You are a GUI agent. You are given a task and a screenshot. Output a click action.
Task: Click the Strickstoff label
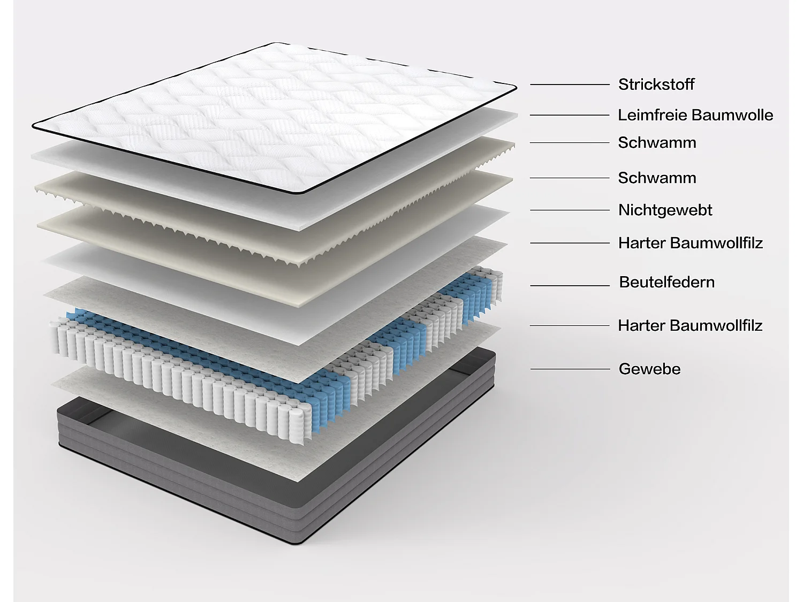tap(656, 85)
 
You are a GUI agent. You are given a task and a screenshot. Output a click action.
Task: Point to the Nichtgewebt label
tap(665, 210)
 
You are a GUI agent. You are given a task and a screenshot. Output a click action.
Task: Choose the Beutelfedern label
tap(666, 283)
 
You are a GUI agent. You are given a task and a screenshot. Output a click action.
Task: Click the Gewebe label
tap(649, 369)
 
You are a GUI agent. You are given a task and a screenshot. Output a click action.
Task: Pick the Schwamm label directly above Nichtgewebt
tap(657, 178)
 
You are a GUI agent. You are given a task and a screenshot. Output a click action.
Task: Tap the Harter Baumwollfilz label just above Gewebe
tap(690, 325)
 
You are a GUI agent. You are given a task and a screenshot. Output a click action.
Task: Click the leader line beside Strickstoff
tap(570, 85)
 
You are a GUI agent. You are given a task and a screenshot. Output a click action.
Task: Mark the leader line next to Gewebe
tap(570, 369)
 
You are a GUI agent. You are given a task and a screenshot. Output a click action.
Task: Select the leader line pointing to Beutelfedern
tap(570, 286)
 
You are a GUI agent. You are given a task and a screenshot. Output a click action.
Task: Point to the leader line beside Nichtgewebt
tap(570, 210)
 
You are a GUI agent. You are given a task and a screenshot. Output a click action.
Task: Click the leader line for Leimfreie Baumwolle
tap(570, 115)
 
